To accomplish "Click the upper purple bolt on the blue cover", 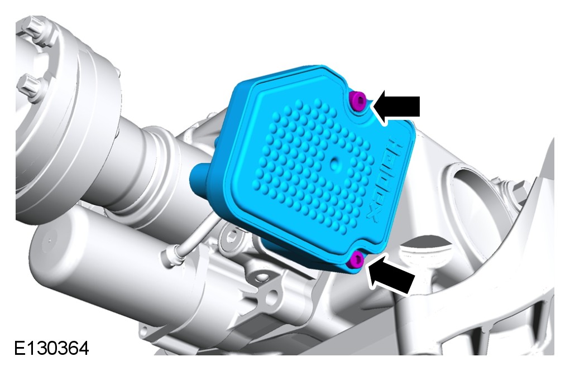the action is coord(358,100).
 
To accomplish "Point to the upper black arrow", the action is coord(396,107).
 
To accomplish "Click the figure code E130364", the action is coord(51,348).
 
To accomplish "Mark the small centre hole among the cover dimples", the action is coord(334,164).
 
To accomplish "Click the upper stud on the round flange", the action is coord(35,26).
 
